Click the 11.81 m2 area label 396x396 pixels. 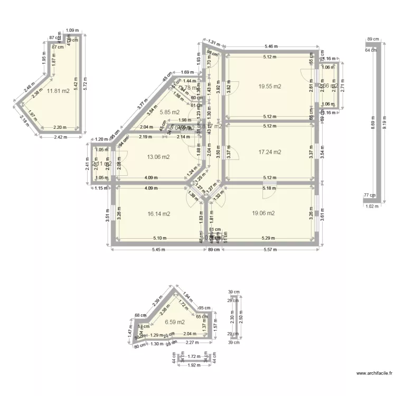point(59,91)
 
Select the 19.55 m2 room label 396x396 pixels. point(269,86)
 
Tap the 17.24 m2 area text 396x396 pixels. point(269,152)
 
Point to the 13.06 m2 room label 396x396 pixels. point(158,157)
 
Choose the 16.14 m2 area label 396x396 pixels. point(159,214)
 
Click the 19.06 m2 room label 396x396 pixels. point(263,213)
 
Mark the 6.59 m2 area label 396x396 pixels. point(174,322)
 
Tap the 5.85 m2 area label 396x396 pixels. point(169,112)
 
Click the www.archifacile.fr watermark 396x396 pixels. point(374,373)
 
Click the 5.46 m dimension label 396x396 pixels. point(271,46)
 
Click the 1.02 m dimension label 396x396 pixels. point(372,206)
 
